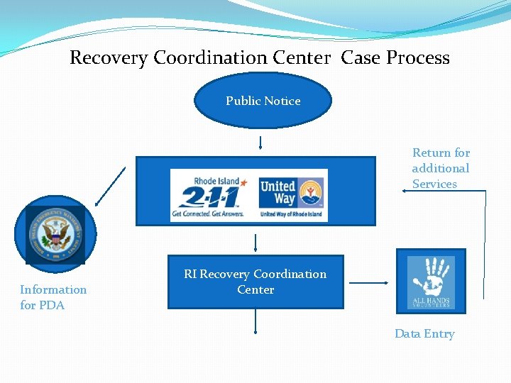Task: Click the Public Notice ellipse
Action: pyautogui.click(x=263, y=101)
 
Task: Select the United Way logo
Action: pyautogui.click(x=290, y=196)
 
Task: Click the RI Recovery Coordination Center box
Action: pyautogui.click(x=255, y=282)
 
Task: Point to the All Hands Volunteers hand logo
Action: pyautogui.click(x=431, y=282)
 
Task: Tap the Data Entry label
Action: pyautogui.click(x=424, y=333)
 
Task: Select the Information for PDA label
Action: pyautogui.click(x=53, y=297)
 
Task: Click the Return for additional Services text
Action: pyautogui.click(x=441, y=168)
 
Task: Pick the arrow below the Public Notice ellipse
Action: pyautogui.click(x=261, y=143)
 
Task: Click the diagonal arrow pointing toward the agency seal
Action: pyautogui.click(x=110, y=186)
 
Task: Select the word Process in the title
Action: pyautogui.click(x=417, y=57)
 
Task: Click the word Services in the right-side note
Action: pyautogui.click(x=434, y=184)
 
